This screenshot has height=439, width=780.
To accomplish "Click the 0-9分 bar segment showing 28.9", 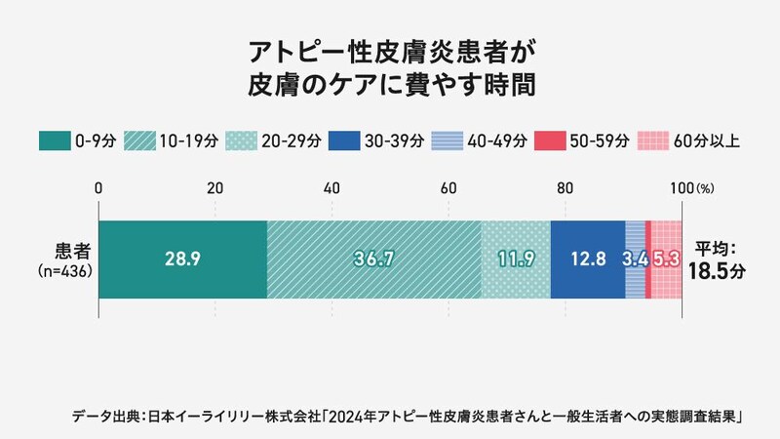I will [182, 259].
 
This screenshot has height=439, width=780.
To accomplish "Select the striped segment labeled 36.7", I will [373, 259].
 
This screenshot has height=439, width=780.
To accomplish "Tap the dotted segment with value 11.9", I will [516, 259].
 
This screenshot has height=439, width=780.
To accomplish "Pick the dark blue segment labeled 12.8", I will [588, 259].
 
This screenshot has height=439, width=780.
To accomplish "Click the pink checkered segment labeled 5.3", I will [667, 259].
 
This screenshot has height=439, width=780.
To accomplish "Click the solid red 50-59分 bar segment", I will [647, 259].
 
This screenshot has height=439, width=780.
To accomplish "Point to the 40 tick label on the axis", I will [331, 187].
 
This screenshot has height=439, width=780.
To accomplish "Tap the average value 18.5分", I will [718, 271].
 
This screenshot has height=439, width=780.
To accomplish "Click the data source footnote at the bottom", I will [409, 417].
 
